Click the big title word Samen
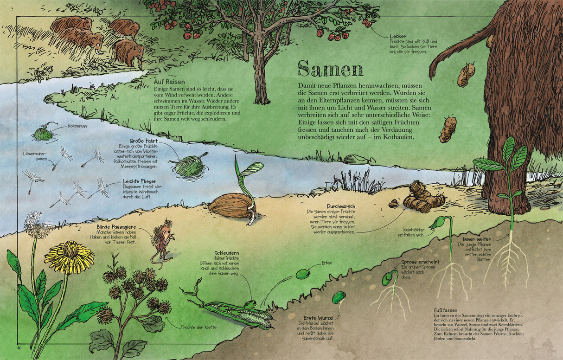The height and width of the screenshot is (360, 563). (x=330, y=69)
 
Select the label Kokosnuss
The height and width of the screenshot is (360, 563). (x=77, y=126)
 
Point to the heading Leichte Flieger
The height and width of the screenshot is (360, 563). (x=139, y=181)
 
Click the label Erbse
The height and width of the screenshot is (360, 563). (x=327, y=263)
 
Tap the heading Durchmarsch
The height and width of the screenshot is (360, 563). (x=328, y=206)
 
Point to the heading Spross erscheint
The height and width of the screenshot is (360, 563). (x=420, y=262)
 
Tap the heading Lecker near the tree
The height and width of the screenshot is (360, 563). (x=398, y=36)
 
